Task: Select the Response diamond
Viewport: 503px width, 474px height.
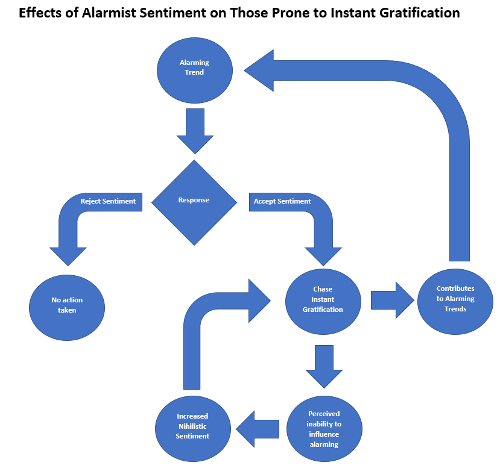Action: [x=194, y=202]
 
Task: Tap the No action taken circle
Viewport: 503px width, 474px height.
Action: [x=67, y=306]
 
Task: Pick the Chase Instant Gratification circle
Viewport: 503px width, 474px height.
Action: [x=323, y=300]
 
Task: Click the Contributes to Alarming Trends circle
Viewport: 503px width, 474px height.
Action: [x=455, y=299]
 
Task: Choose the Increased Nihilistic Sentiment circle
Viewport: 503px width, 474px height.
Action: [x=192, y=426]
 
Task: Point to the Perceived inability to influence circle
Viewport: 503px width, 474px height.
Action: [x=323, y=429]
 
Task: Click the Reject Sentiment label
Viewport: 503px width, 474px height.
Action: [x=108, y=201]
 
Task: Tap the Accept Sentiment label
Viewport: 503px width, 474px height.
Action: [x=282, y=201]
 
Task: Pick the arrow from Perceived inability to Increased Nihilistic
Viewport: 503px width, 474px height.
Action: [x=259, y=429]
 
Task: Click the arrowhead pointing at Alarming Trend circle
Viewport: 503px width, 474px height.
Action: [x=260, y=70]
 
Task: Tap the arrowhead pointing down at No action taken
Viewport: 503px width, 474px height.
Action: [x=68, y=255]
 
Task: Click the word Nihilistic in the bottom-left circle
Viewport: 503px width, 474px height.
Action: [x=192, y=426]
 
